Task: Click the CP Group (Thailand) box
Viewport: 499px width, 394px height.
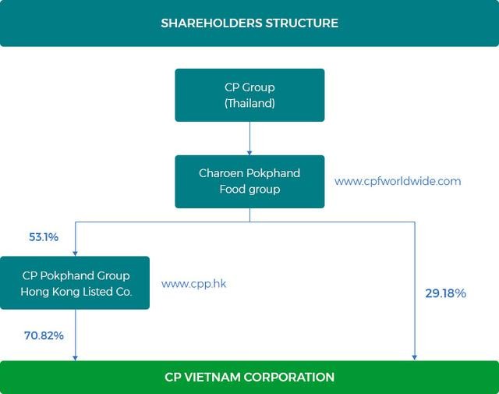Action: click(249, 95)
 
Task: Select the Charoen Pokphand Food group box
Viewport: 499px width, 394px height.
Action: click(249, 181)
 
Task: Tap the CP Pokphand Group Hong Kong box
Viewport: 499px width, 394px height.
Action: click(76, 283)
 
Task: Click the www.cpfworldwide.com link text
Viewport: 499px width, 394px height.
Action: click(398, 181)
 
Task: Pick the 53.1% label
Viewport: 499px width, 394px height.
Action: click(44, 237)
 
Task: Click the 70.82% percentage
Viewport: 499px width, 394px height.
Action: click(44, 335)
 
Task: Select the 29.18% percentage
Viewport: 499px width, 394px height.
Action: click(445, 293)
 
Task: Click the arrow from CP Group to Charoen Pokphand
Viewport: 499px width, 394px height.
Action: click(249, 139)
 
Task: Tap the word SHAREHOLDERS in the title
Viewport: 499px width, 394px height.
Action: click(211, 23)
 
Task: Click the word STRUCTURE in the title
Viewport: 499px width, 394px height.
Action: click(303, 23)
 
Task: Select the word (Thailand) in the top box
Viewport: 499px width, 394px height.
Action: click(249, 103)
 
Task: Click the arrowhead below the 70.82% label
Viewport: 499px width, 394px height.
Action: click(76, 357)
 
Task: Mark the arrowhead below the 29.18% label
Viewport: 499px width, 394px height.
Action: click(414, 357)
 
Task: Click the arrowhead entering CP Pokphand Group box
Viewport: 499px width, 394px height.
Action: click(76, 252)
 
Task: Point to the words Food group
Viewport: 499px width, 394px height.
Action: click(249, 190)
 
